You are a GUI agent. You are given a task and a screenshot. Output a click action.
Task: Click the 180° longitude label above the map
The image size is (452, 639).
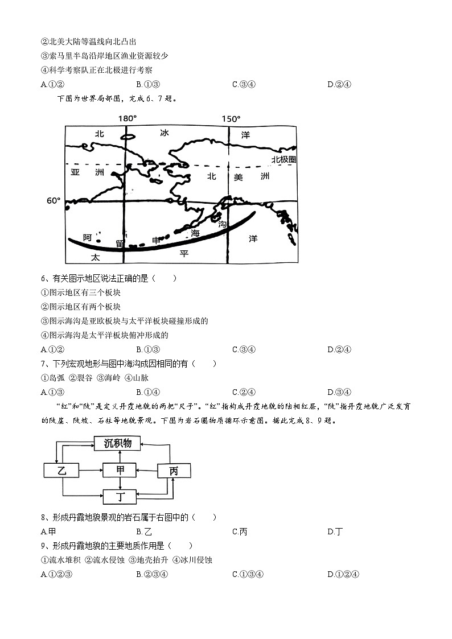click(127, 118)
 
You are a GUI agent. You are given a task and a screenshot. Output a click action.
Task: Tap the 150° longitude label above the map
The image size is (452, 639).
click(231, 118)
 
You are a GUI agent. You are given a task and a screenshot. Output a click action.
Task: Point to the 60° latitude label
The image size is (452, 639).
click(54, 201)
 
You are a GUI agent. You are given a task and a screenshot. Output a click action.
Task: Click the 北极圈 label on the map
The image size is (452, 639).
click(283, 160)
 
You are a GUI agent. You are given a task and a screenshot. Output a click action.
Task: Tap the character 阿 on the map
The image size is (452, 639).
click(87, 238)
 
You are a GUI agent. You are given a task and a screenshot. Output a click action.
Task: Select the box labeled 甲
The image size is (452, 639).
click(120, 470)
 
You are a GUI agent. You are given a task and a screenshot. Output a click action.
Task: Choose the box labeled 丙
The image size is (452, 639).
click(173, 471)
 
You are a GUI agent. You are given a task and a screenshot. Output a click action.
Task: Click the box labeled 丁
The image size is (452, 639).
click(120, 497)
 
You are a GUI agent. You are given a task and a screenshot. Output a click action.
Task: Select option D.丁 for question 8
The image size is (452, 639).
click(335, 531)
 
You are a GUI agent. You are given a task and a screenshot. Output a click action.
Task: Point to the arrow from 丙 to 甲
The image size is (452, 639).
click(146, 470)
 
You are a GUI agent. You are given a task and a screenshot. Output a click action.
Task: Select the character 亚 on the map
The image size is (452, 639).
click(75, 171)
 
